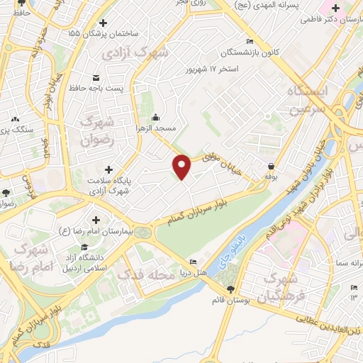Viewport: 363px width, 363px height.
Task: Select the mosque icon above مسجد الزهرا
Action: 157,118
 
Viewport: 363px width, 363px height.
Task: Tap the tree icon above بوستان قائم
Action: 230,288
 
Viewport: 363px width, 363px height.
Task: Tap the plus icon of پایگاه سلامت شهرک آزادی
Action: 108,169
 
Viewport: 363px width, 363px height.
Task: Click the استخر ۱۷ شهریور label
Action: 213,69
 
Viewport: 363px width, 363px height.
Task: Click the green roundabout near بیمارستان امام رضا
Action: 143,231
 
